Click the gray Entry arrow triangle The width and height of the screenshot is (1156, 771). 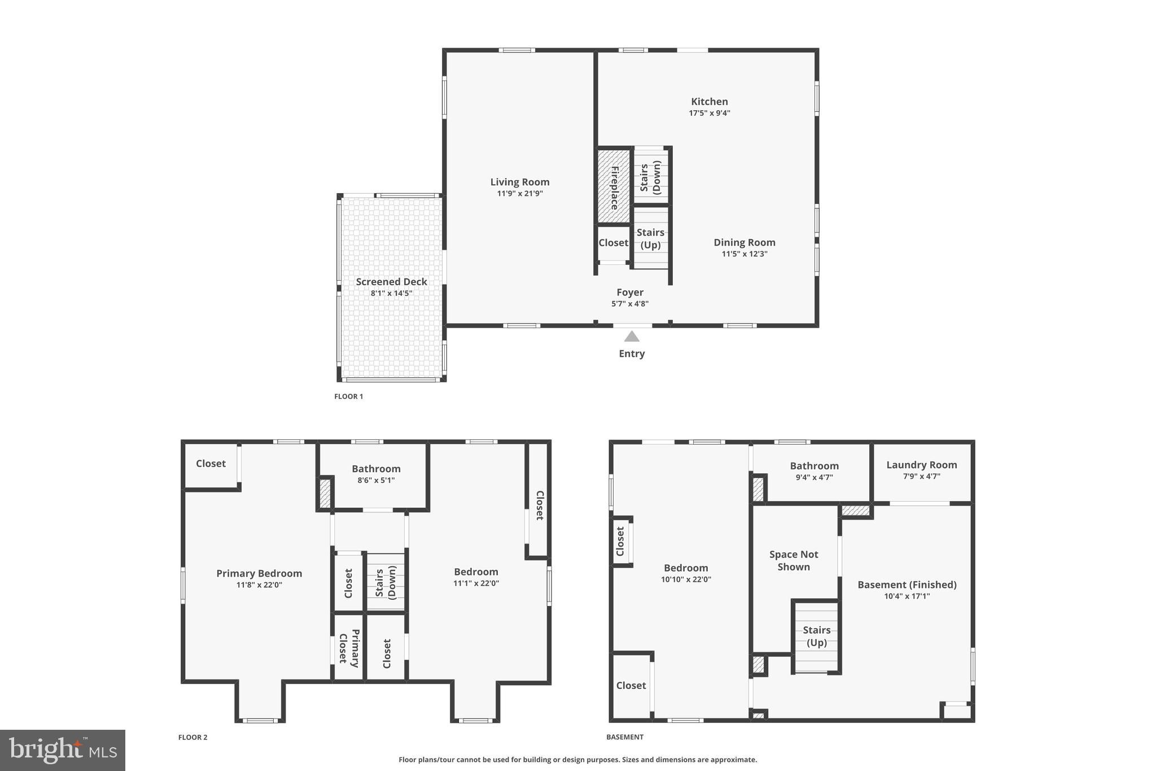[632, 337]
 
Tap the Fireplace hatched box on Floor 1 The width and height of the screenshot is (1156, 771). [614, 186]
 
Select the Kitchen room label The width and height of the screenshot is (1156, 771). [710, 102]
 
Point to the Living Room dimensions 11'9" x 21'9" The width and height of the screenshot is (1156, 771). [520, 194]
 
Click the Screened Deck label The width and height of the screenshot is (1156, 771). [391, 282]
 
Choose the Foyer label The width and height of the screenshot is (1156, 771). [630, 293]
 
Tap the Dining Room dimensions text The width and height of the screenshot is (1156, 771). [745, 254]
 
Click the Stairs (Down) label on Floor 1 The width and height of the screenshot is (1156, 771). [650, 177]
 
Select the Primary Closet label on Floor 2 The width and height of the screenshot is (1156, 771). [349, 648]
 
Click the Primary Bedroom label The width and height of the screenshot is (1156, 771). [259, 573]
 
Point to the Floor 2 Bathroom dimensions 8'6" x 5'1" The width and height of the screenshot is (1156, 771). [376, 481]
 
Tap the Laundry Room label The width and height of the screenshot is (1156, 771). [922, 465]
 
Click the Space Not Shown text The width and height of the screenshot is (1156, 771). [794, 561]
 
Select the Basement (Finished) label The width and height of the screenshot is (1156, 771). [907, 585]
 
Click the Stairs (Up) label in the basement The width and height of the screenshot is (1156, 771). [817, 637]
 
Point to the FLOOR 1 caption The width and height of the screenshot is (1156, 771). [349, 397]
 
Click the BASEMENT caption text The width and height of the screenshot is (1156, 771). [625, 737]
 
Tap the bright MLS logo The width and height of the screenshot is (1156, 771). [63, 750]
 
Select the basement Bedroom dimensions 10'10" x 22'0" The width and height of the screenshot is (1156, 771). [686, 580]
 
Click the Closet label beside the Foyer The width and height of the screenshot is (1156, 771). [614, 243]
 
